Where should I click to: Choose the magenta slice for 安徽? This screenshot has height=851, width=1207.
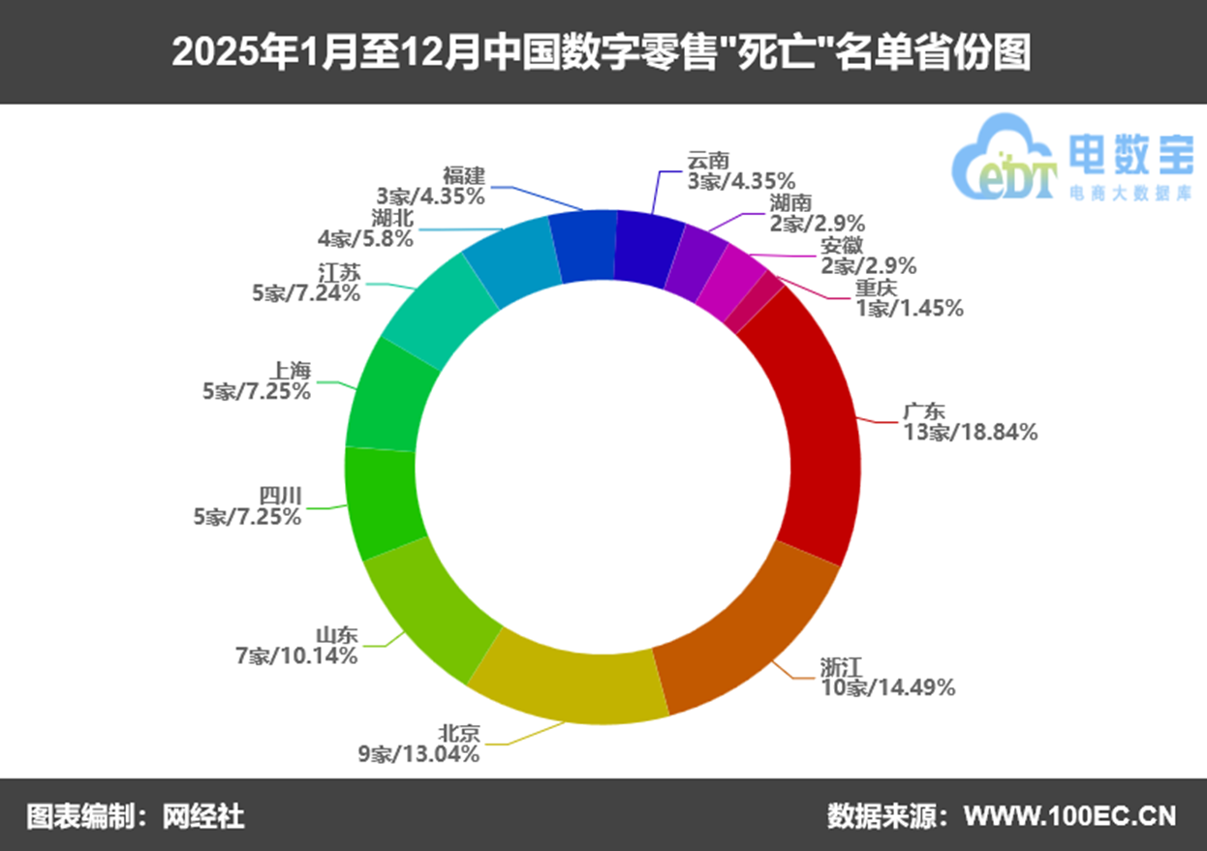(x=731, y=276)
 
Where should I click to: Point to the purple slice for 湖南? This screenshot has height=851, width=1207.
(x=696, y=257)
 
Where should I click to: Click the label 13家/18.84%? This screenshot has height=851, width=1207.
(x=971, y=433)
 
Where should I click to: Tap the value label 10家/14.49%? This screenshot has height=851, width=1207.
(x=888, y=687)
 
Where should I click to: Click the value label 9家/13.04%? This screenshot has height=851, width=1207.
(x=418, y=753)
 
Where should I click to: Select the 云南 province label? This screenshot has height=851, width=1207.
(x=708, y=160)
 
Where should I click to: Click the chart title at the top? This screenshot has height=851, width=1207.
(x=602, y=53)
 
